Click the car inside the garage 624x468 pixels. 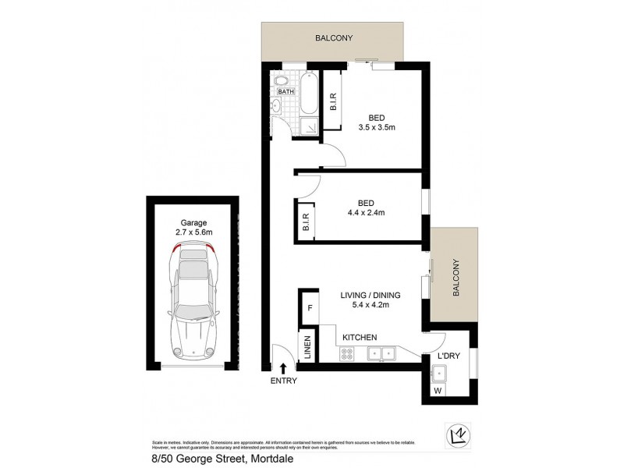[x=192, y=300]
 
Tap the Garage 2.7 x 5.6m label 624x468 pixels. [x=191, y=227]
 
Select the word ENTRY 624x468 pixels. [x=283, y=381]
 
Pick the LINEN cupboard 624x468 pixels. [x=308, y=347]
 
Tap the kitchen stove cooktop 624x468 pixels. [x=348, y=353]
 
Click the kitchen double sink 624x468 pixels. [x=381, y=353]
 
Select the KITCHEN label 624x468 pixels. [x=359, y=337]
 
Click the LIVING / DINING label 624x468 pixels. [x=370, y=295]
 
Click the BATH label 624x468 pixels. [x=285, y=91]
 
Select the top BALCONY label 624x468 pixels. [x=335, y=37]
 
